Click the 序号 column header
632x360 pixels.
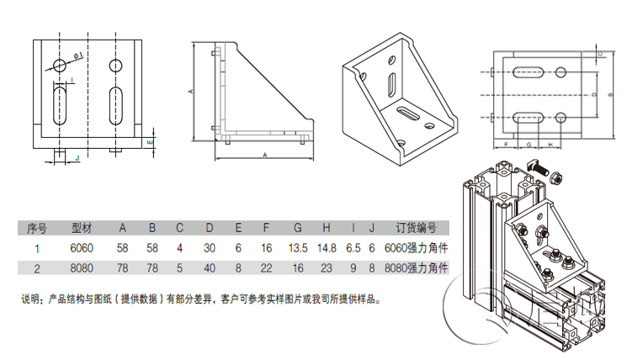[36, 228]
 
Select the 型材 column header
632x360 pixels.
[82, 228]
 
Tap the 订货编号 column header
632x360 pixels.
[416, 228]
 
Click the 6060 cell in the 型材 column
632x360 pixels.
[82, 248]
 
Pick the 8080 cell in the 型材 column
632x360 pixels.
[82, 268]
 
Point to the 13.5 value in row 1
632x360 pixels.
[298, 248]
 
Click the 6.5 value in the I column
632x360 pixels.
[353, 248]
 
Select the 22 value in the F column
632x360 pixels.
[267, 268]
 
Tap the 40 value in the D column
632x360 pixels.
[210, 268]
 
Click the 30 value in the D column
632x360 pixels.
[210, 248]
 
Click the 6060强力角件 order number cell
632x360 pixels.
[414, 248]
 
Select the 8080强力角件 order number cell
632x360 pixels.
[414, 268]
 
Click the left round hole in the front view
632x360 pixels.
[59, 66]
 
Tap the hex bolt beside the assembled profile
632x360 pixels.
[555, 177]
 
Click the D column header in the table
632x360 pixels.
[210, 228]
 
